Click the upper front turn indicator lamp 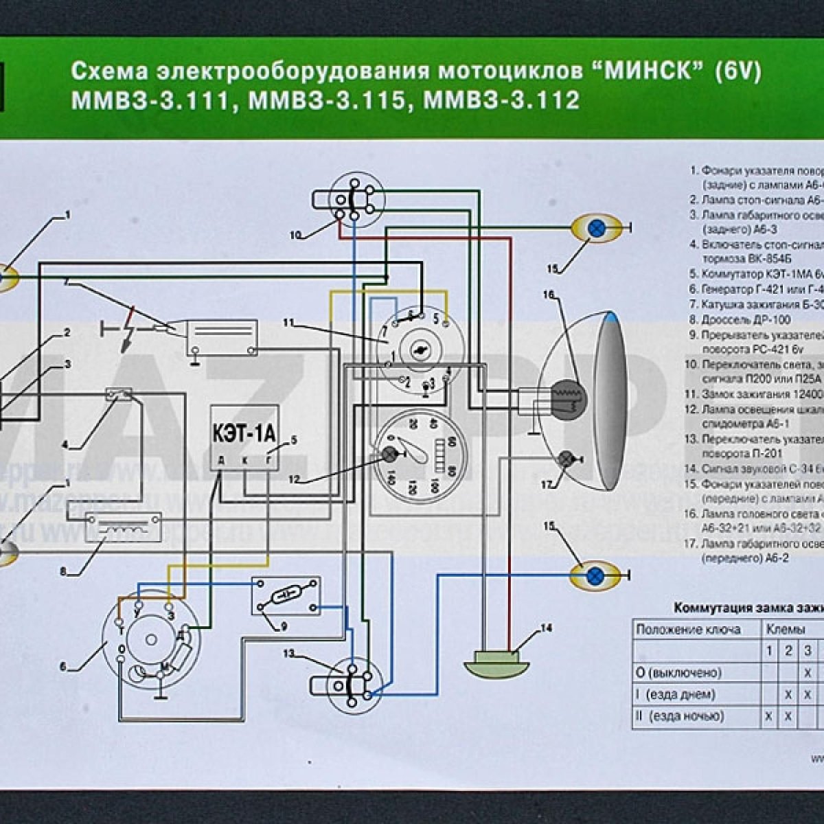598,228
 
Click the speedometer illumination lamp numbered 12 391,455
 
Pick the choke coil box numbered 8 123,527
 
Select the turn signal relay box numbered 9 286,595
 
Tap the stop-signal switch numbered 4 118,394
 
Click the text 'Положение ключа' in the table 688,629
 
